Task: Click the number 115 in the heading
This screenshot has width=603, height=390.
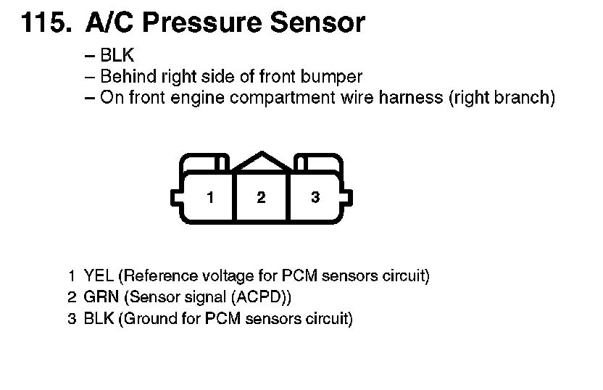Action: pyautogui.click(x=44, y=23)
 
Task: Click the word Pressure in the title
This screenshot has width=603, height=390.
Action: pyautogui.click(x=195, y=23)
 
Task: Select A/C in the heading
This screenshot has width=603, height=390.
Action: pyautogui.click(x=109, y=23)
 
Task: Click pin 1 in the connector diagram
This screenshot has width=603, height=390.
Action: pyautogui.click(x=209, y=197)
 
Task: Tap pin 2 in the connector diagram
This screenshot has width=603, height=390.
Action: pyautogui.click(x=261, y=197)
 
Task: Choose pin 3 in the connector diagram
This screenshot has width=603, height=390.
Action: pyautogui.click(x=315, y=197)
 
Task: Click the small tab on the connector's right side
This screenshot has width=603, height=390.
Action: pyautogui.click(x=349, y=197)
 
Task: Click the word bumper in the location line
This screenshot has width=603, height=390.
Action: pyautogui.click(x=336, y=77)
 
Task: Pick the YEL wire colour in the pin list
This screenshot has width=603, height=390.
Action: pyautogui.click(x=99, y=276)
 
